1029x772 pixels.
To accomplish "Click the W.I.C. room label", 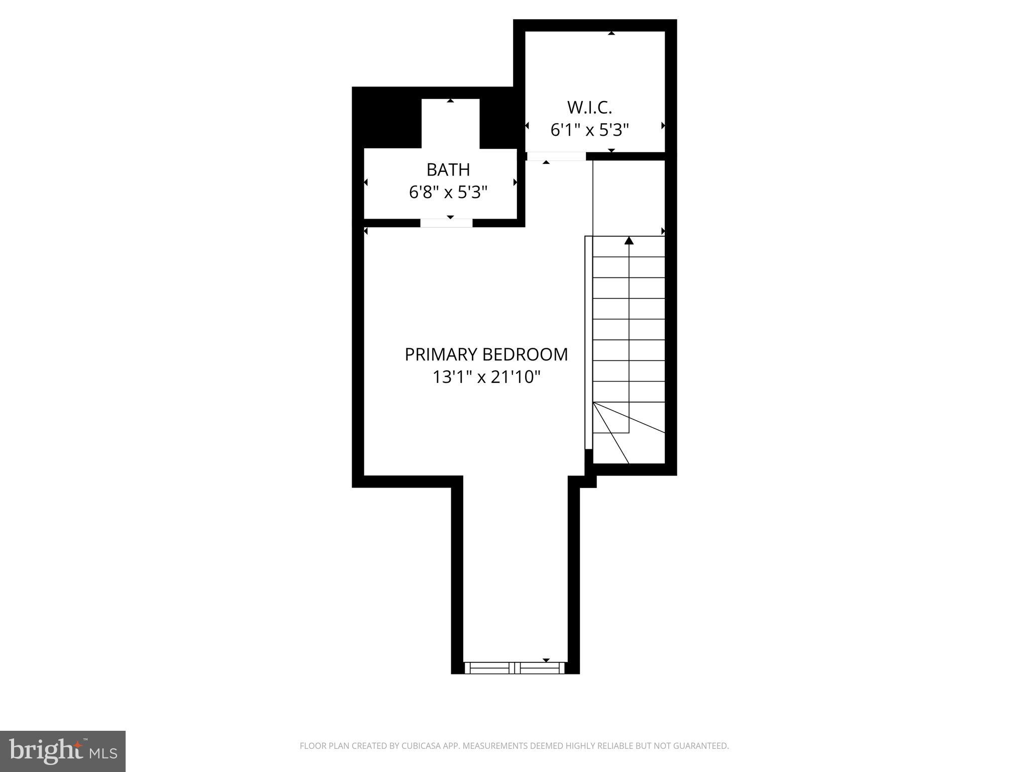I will [x=589, y=107].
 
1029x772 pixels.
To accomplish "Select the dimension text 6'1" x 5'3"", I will [x=589, y=130].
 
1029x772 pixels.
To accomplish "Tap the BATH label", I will [x=448, y=170].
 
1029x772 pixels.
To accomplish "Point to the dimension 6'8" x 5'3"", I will [x=448, y=192].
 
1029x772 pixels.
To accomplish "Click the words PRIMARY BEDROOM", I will [x=486, y=354].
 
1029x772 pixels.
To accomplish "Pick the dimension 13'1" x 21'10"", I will [x=486, y=377].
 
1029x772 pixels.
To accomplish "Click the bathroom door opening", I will [x=446, y=223].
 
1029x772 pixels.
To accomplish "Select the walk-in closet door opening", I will [x=556, y=156].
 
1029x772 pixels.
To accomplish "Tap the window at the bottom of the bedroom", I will [x=515, y=668].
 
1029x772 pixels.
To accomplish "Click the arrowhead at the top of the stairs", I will [x=629, y=241].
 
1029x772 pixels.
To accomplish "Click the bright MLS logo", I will [x=63, y=751].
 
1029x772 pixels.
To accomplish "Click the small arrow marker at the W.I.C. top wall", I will [x=611, y=33].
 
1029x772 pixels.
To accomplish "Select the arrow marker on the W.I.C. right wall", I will [x=663, y=126].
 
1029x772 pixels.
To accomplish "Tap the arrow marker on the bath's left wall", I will [x=366, y=182].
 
